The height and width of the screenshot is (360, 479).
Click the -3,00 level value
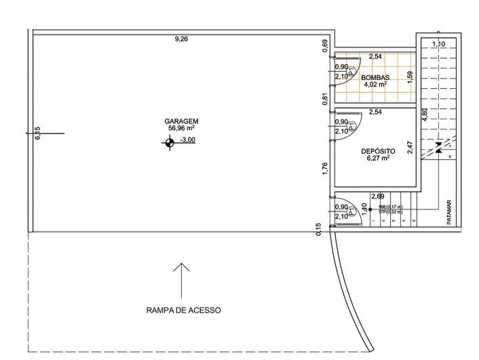pos(187,140)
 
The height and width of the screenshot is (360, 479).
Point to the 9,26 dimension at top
pos(181,39)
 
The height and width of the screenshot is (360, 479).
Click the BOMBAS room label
pos(375,77)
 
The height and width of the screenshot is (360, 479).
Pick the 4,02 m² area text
pos(375,85)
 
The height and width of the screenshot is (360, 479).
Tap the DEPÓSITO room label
pos(377,151)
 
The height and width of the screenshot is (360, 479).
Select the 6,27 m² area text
pos(377,159)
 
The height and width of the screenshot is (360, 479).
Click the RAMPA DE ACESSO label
pos(183,311)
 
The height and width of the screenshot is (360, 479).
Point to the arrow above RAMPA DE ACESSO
pos(181,280)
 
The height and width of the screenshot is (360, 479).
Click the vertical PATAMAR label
pos(448,212)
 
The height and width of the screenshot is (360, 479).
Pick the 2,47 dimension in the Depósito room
pos(409,148)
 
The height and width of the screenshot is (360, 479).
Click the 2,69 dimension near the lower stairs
pos(377,197)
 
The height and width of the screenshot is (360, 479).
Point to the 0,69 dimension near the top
pos(326,45)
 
